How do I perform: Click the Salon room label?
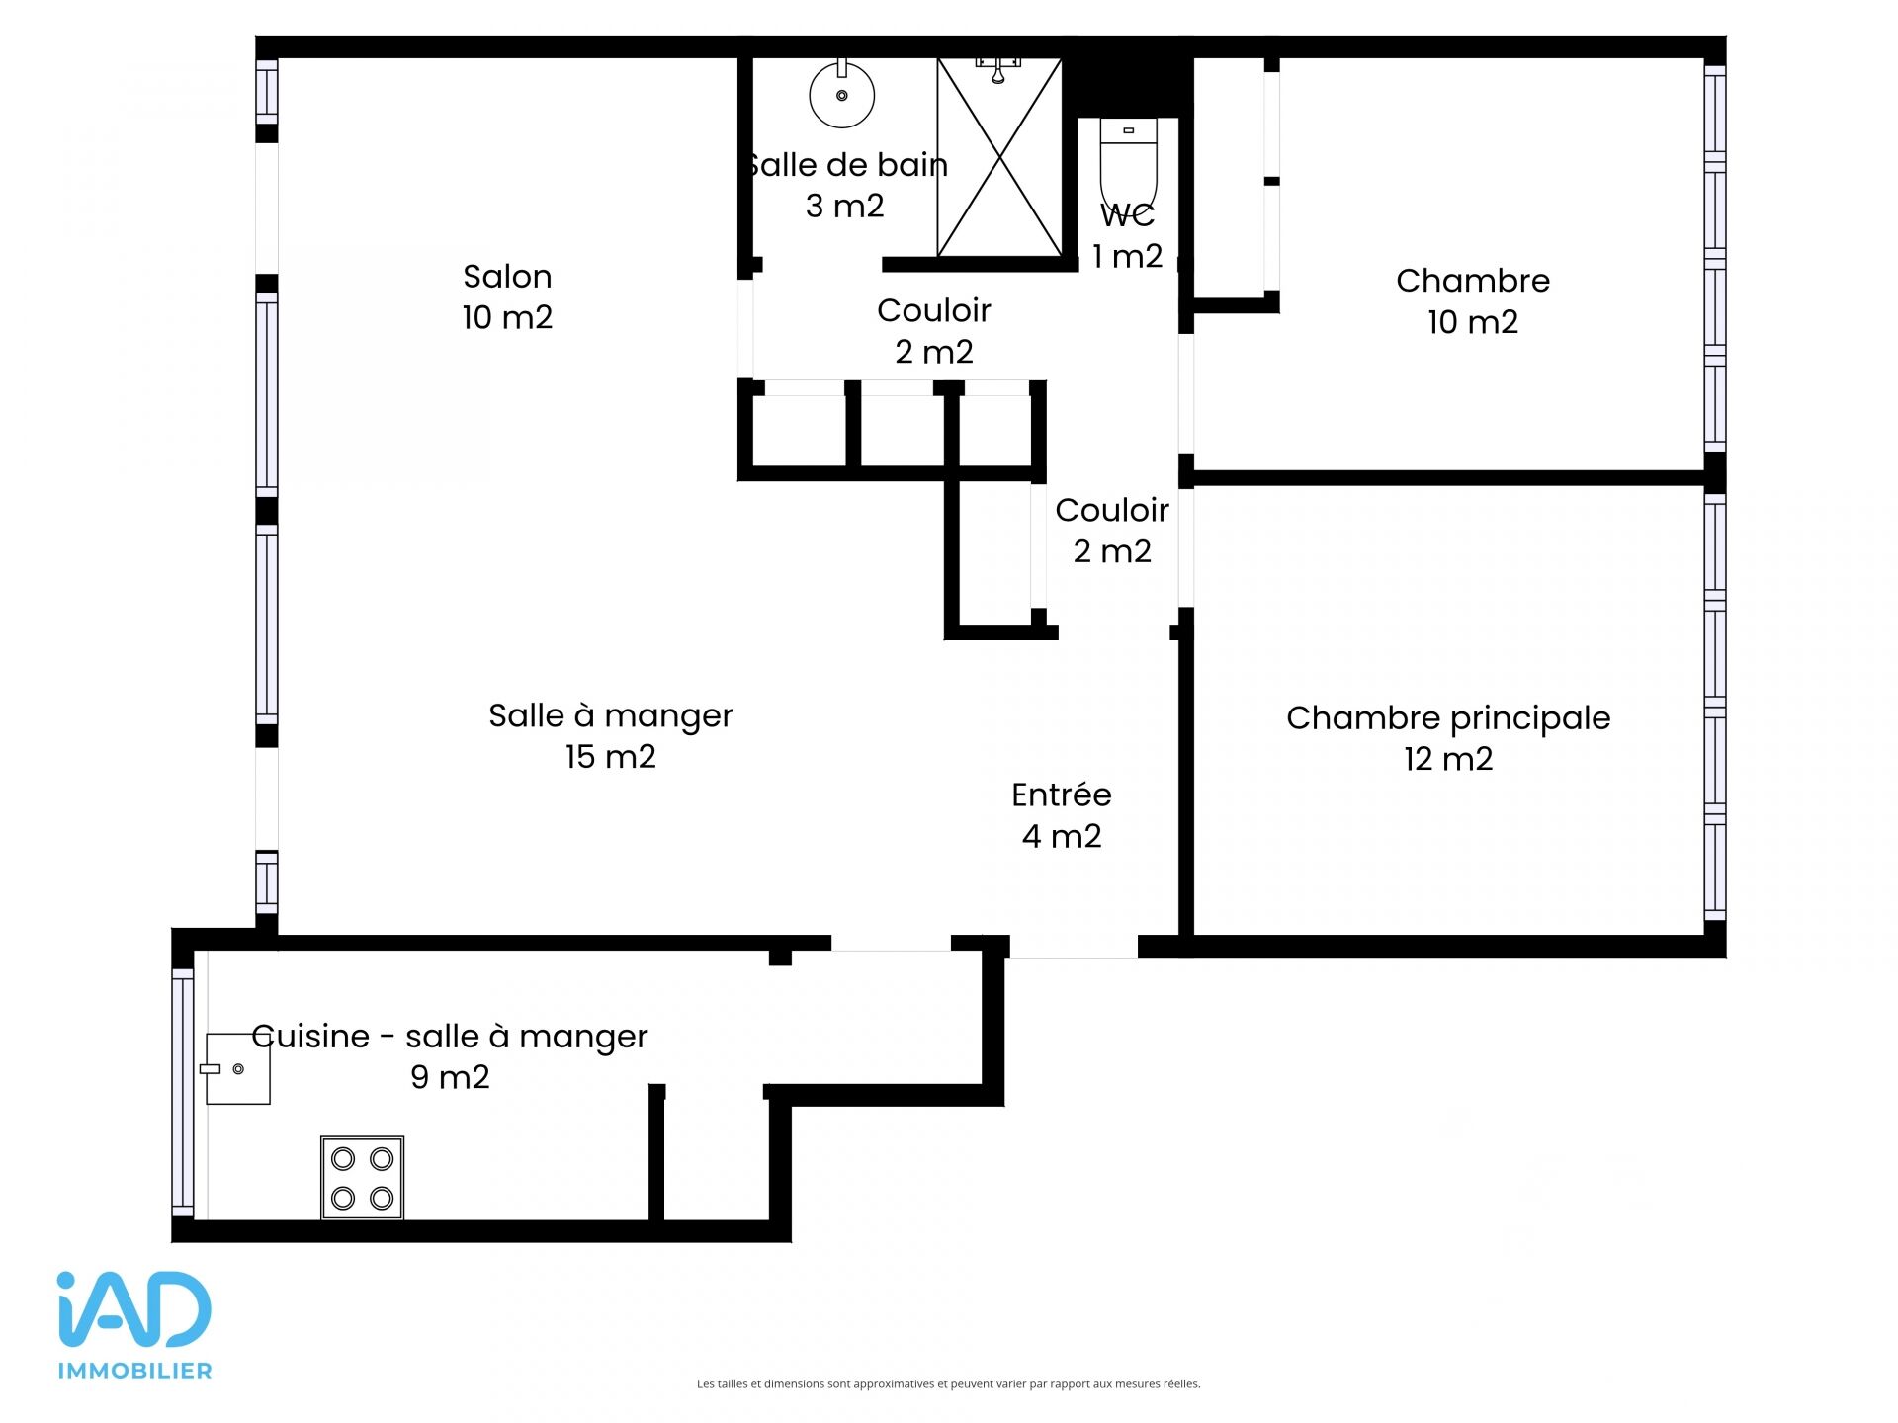tap(507, 277)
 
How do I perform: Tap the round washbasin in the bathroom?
tap(842, 94)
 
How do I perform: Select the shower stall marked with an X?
tap(999, 158)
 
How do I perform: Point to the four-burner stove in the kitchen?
tap(362, 1178)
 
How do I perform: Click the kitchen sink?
tap(236, 1069)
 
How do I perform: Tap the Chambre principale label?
tap(1448, 718)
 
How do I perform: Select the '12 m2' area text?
tap(1448, 759)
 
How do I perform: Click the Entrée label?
tap(1062, 795)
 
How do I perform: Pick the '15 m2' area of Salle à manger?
tap(610, 757)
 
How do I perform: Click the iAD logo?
tap(134, 1309)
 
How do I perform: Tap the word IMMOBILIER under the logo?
tap(135, 1371)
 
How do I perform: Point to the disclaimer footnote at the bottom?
tap(949, 1384)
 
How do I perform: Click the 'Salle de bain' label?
tap(846, 165)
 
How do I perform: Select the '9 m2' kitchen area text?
tap(450, 1077)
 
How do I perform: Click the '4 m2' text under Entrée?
tap(1062, 837)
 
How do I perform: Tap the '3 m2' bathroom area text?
tap(844, 206)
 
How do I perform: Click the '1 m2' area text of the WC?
tap(1127, 257)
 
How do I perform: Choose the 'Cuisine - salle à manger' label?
tap(450, 1037)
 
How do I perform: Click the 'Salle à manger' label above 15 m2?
tap(611, 715)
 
